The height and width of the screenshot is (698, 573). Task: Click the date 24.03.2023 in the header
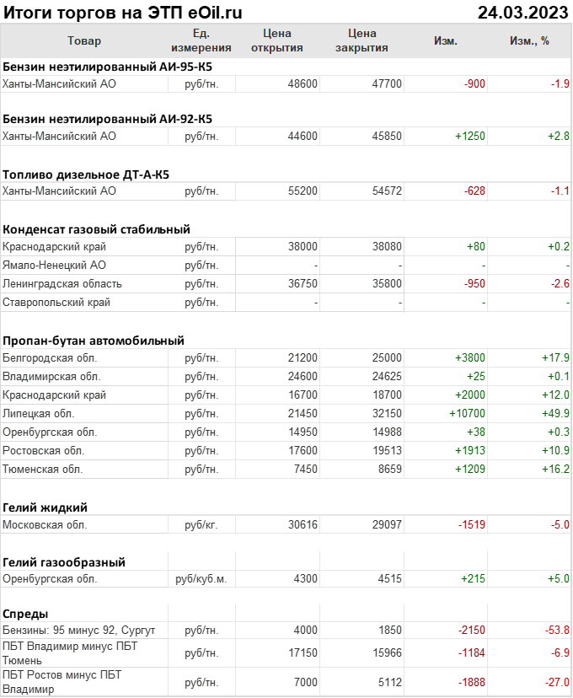(x=522, y=12)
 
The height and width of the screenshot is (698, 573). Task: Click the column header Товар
(x=83, y=40)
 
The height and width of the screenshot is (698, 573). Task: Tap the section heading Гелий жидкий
(x=46, y=507)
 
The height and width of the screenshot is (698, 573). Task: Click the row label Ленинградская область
(x=62, y=284)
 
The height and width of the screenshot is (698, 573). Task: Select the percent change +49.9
(x=554, y=414)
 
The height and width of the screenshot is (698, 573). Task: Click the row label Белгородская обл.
(x=52, y=358)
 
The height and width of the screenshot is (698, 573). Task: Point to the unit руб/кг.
(x=201, y=525)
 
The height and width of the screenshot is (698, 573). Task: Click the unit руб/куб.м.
(x=201, y=579)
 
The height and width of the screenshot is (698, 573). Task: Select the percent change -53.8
(x=554, y=631)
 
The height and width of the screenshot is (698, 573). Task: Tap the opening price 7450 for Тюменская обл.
(x=306, y=469)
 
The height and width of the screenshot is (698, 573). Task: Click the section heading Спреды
(x=25, y=614)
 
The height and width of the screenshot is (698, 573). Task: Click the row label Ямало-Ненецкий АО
(x=55, y=266)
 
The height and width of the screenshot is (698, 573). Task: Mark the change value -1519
(x=471, y=525)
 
